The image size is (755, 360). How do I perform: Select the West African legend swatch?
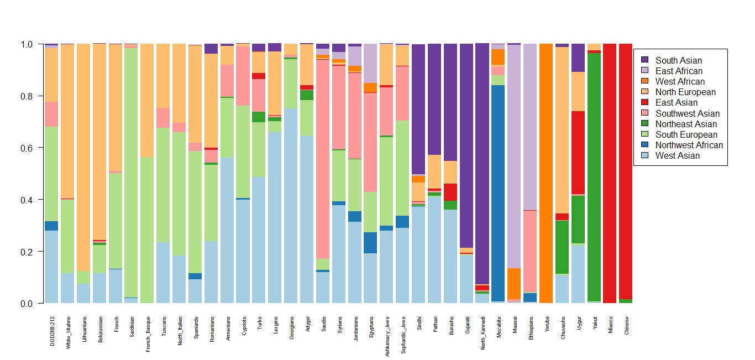pyautogui.click(x=644, y=81)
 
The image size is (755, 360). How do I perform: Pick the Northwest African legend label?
pyautogui.click(x=689, y=145)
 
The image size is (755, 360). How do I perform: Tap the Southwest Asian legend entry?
pyautogui.click(x=688, y=113)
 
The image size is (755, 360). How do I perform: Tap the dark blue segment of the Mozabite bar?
pyautogui.click(x=498, y=193)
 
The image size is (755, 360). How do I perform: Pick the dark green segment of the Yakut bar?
pyautogui.click(x=594, y=177)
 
